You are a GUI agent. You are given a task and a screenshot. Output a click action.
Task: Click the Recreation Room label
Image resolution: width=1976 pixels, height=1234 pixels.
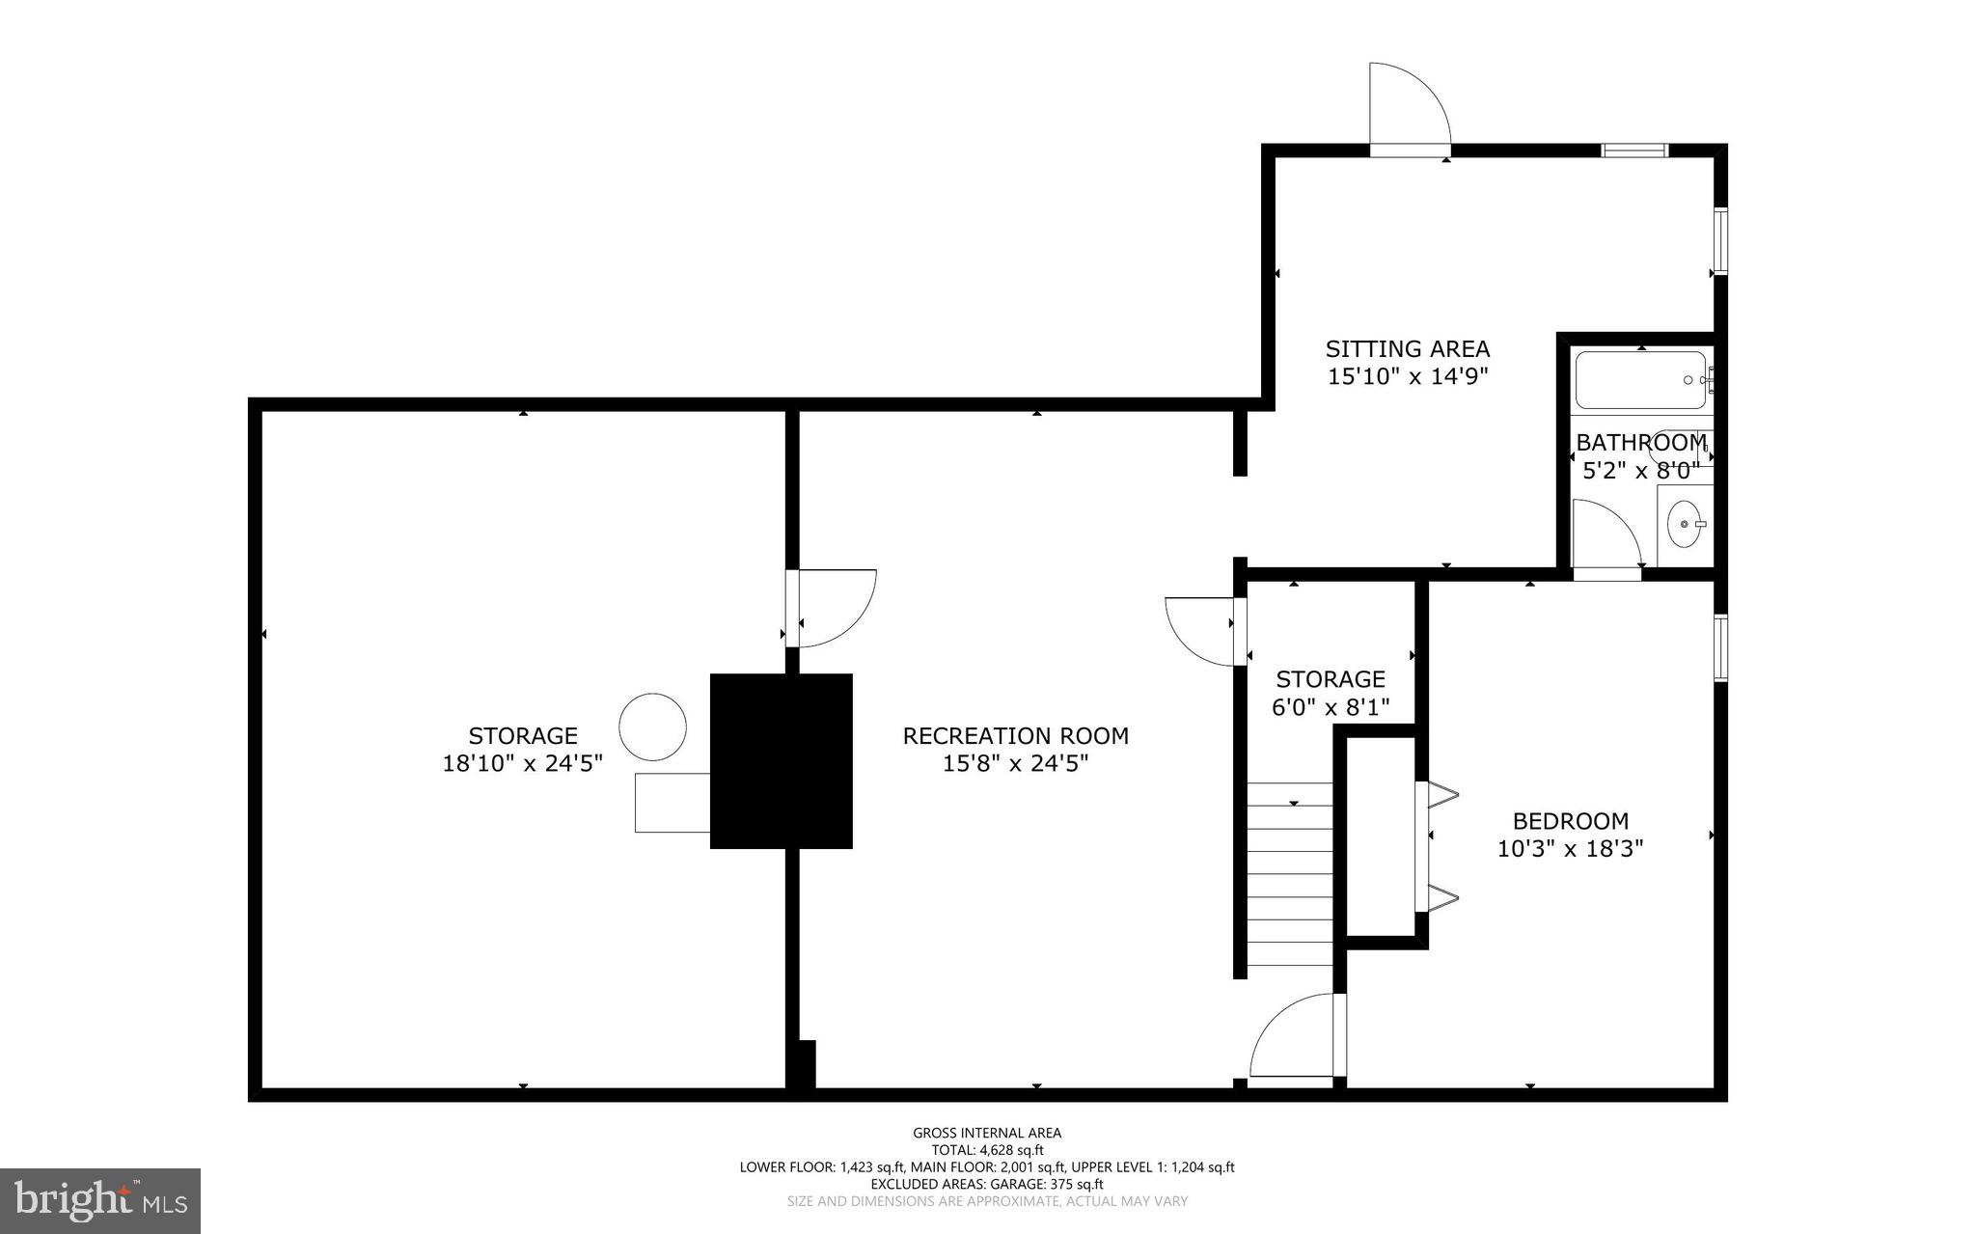(x=1015, y=735)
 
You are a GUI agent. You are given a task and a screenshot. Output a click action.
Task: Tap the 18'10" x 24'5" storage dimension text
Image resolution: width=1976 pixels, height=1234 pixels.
(x=522, y=763)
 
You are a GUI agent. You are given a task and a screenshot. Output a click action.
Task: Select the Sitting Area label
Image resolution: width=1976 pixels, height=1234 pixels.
(x=1407, y=348)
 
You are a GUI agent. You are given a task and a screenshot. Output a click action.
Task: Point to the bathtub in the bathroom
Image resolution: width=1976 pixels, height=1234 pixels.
(x=1639, y=381)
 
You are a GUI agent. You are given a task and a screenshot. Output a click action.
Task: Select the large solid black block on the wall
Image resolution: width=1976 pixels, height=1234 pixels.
(x=781, y=760)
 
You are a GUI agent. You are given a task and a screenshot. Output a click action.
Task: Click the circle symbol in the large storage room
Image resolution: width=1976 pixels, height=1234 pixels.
(x=652, y=727)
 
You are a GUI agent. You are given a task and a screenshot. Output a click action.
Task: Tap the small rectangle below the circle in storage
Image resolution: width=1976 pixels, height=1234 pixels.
(x=672, y=802)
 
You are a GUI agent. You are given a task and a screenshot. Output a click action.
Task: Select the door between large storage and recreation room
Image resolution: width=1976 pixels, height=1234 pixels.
(x=832, y=609)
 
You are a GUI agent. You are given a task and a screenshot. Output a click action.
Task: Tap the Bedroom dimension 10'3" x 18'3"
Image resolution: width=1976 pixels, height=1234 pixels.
(x=1570, y=849)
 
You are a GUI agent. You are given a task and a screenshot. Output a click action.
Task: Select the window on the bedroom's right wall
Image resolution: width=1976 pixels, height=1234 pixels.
(x=1720, y=647)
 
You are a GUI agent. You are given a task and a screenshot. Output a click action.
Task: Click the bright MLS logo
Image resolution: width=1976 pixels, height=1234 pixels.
(x=100, y=1200)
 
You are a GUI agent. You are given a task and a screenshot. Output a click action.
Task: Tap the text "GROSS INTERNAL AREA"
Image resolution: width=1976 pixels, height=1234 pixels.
(x=987, y=1133)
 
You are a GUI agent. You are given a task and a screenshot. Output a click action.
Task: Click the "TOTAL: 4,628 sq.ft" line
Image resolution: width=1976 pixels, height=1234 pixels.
(x=987, y=1150)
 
